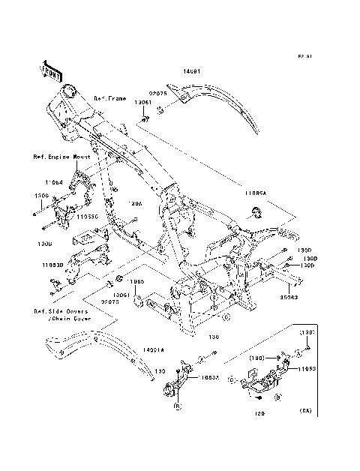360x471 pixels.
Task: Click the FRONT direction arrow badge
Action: point(51,69)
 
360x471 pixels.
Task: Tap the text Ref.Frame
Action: point(110,98)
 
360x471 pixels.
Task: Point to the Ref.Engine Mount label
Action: point(61,158)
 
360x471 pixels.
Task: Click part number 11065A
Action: point(253,193)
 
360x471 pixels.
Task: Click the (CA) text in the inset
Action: point(306,412)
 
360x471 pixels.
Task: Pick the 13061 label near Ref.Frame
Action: point(143,103)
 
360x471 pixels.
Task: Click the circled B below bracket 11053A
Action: point(178,406)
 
